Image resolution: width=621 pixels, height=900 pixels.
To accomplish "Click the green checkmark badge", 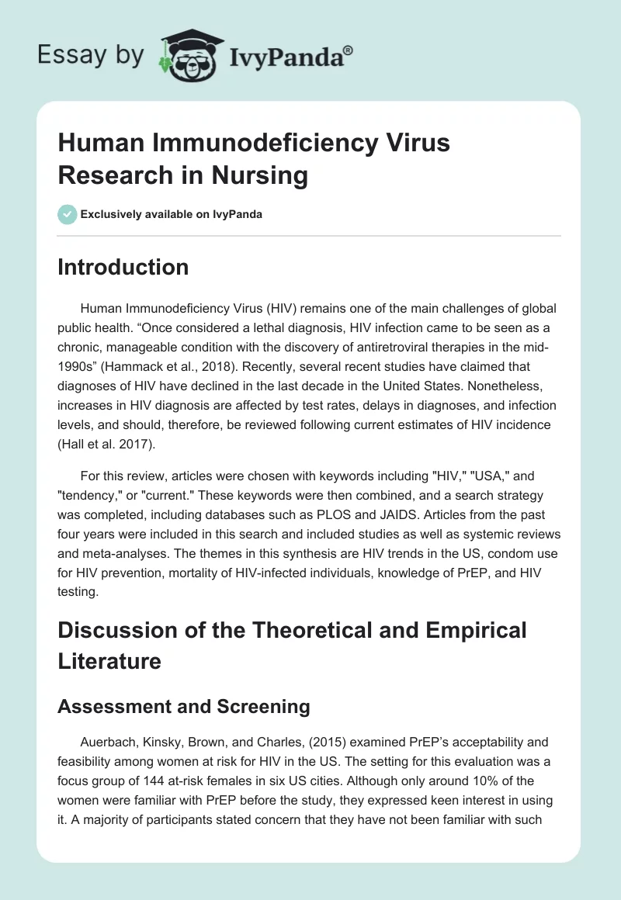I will tap(68, 214).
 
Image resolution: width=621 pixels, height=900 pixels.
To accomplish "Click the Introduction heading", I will tap(123, 267).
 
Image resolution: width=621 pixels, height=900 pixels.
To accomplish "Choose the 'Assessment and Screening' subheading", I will tap(184, 707).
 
